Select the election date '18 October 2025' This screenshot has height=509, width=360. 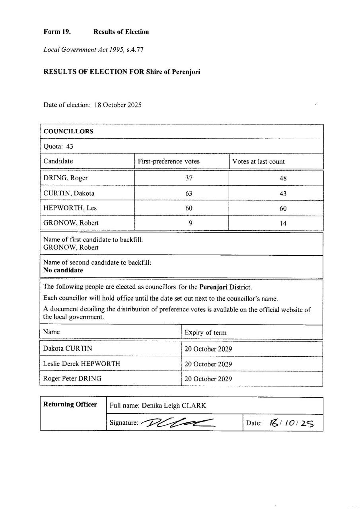[118, 105]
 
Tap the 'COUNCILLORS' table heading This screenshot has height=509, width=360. [68, 131]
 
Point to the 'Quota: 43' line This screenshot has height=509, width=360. [58, 146]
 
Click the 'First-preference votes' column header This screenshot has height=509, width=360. [169, 161]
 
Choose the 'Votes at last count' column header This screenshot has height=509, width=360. [259, 161]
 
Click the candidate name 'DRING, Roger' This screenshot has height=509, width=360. [66, 178]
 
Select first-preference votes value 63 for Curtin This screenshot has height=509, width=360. [189, 193]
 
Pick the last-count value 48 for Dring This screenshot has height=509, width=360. [283, 179]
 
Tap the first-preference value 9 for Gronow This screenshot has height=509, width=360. [191, 223]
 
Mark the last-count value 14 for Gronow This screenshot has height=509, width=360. [283, 223]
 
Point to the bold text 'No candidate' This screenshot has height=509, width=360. [63, 270]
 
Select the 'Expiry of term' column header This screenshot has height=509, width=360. [206, 332]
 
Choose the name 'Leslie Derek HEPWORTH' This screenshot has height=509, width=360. [82, 364]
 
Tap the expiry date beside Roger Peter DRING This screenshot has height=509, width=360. [208, 379]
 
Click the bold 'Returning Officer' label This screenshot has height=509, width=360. [70, 405]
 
